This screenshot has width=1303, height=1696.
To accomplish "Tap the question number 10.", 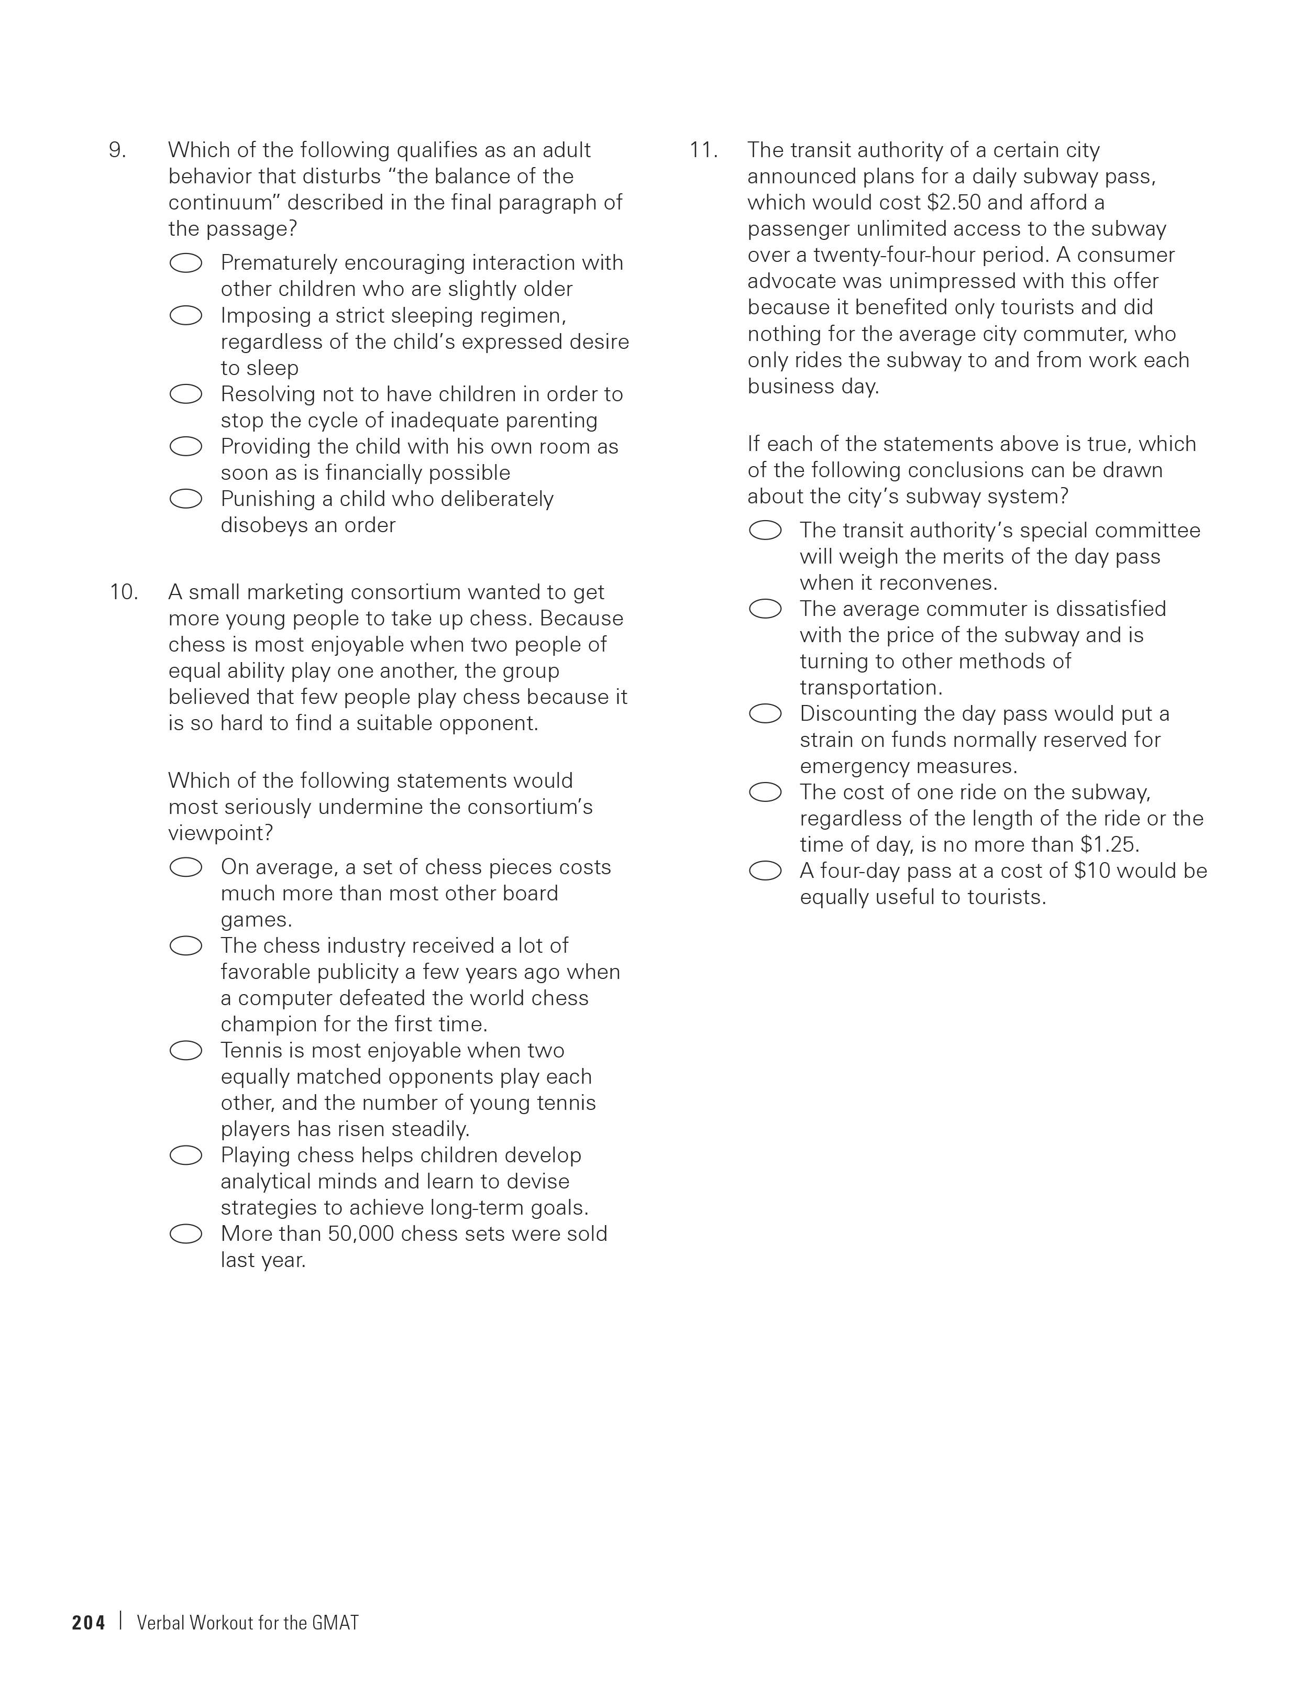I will pos(123,592).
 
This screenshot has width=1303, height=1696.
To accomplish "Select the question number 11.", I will pos(703,150).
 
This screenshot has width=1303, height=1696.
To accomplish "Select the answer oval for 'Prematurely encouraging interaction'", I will pos(186,263).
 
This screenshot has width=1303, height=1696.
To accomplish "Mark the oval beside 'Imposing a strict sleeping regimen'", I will pos(186,316).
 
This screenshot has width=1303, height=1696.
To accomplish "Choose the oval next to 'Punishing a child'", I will pos(186,499).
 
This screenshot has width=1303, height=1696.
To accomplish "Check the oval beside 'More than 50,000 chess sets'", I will pos(186,1234).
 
